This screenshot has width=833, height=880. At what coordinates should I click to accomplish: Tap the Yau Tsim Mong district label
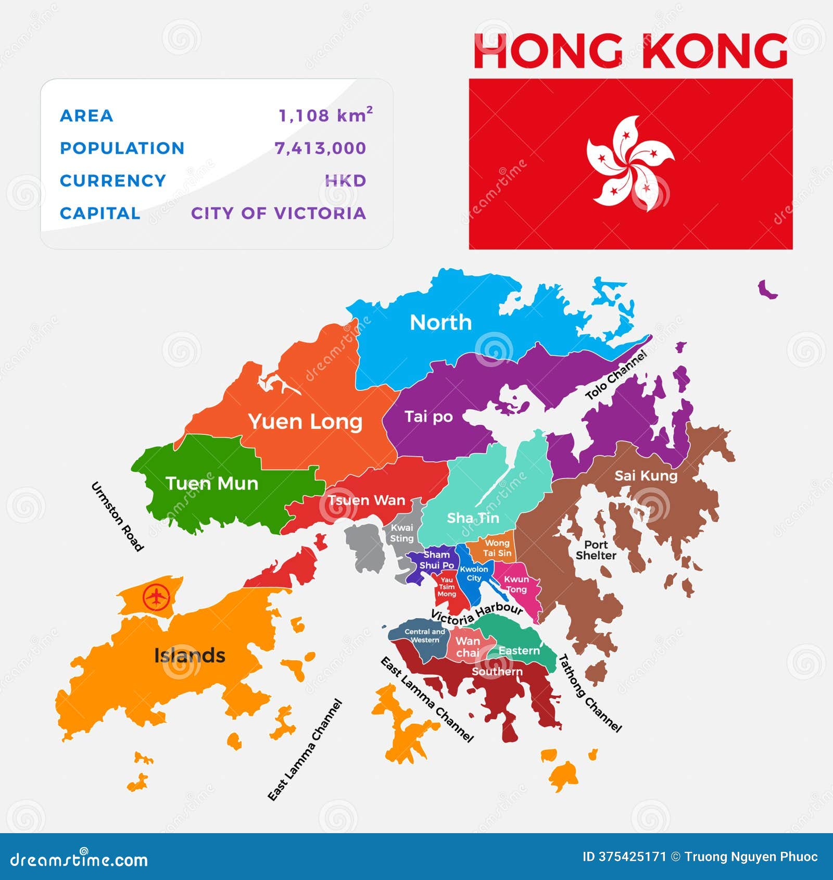tap(447, 587)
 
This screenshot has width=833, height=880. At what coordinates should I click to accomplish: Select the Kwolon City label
tap(474, 573)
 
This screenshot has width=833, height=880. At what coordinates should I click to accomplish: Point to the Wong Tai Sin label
tap(497, 548)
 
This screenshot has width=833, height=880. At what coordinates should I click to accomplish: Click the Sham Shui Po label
tap(437, 560)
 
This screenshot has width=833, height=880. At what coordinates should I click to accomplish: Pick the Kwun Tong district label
tap(516, 584)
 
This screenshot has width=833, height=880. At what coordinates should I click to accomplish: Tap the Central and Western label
tap(425, 635)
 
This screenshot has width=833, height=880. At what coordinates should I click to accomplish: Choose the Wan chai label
tap(468, 647)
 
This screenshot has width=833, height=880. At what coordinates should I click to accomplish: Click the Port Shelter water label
tap(596, 550)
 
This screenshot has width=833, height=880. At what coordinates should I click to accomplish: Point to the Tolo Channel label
tap(616, 375)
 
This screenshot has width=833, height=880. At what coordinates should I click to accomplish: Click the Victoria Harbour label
tap(476, 614)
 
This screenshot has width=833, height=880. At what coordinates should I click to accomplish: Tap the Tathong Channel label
tap(590, 693)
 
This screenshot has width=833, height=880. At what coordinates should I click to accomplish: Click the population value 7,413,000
tap(320, 148)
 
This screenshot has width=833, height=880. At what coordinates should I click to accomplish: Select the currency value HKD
tap(346, 181)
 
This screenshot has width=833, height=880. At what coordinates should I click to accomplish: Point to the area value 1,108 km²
tap(325, 115)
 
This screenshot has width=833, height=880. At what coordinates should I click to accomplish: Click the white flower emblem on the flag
tap(630, 163)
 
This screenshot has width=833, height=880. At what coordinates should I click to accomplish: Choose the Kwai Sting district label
tap(402, 533)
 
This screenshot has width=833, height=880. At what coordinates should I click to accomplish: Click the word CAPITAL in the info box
tap(100, 213)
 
